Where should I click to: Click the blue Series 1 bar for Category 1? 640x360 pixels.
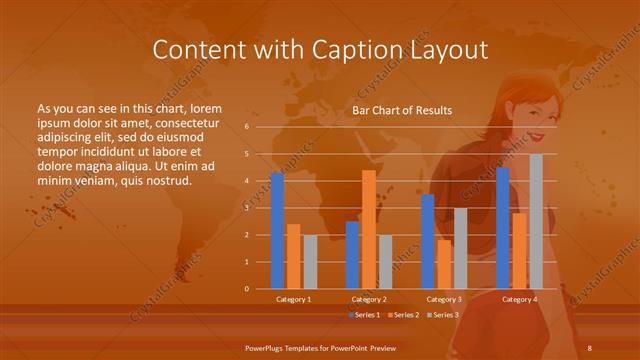pyautogui.click(x=277, y=231)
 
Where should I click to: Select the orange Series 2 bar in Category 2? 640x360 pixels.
pyautogui.click(x=369, y=230)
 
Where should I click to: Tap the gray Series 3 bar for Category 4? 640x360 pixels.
pyautogui.click(x=536, y=222)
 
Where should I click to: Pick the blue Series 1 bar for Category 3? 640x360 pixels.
pyautogui.click(x=428, y=242)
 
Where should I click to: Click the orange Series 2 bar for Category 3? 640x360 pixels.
pyautogui.click(x=444, y=265)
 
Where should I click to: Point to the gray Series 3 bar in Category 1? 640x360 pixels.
pyautogui.click(x=310, y=262)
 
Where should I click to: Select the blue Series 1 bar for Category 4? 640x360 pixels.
pyautogui.click(x=503, y=228)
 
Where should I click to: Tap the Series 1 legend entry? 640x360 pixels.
pyautogui.click(x=365, y=315)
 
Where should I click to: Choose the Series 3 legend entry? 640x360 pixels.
pyautogui.click(x=445, y=315)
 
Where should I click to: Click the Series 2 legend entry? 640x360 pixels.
pyautogui.click(x=405, y=315)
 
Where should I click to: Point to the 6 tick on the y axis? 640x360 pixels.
pyautogui.click(x=247, y=127)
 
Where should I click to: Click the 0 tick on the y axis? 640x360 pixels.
pyautogui.click(x=247, y=289)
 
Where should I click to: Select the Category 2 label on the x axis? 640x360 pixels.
pyautogui.click(x=369, y=299)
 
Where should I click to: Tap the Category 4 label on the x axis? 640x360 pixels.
pyautogui.click(x=519, y=299)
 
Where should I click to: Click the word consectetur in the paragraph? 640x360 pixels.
pyautogui.click(x=187, y=121)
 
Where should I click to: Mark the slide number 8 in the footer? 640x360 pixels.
pyautogui.click(x=590, y=346)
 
